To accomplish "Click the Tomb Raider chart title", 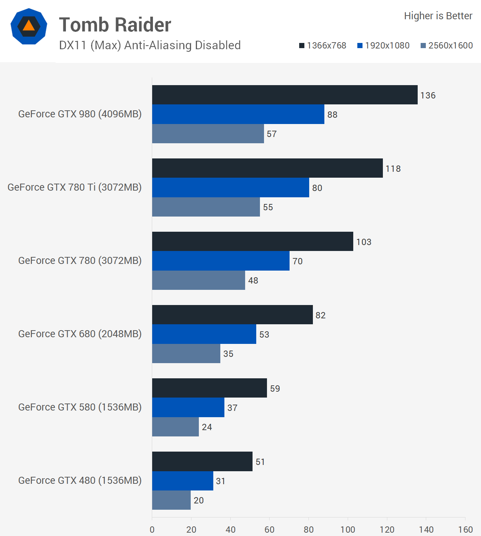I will [115, 25].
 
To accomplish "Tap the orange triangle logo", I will [29, 26].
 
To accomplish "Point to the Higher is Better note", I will [438, 16].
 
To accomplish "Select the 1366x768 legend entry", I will [323, 46].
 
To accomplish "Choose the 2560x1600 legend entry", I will [447, 46].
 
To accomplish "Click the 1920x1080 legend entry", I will [384, 46].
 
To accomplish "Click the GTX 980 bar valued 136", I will [285, 95].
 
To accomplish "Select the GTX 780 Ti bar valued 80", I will [230, 187].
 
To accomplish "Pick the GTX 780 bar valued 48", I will [198, 280].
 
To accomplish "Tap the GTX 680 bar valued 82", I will [232, 315].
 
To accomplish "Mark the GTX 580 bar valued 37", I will [188, 407].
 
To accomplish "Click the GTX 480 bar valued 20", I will [171, 500].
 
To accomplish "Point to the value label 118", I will [393, 169].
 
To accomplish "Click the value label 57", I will [272, 134].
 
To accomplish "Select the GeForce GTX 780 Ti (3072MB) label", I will [74, 187].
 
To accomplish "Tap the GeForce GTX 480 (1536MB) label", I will [80, 480].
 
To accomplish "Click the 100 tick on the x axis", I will [348, 529].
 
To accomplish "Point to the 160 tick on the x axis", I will [465, 529].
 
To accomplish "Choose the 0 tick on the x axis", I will [152, 529].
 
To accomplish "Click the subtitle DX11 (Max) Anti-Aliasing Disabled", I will [150, 45].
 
